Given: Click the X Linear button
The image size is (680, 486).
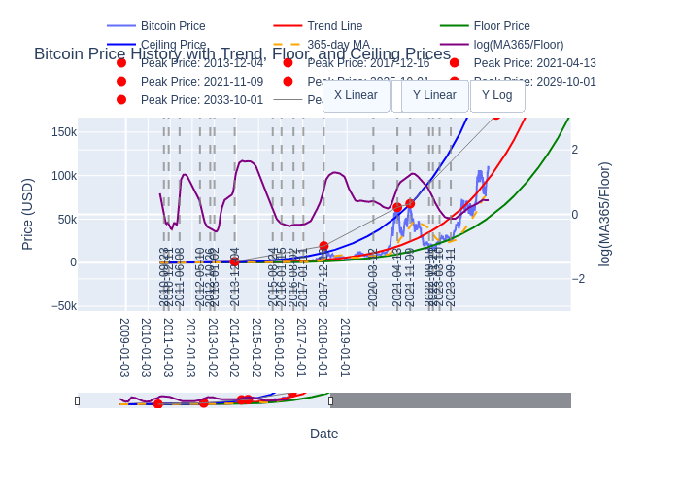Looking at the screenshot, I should click(356, 95).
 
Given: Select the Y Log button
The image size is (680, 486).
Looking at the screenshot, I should click(496, 95).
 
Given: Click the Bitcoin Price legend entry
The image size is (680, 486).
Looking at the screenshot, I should click(172, 26).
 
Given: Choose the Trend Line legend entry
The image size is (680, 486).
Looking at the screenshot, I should click(334, 26).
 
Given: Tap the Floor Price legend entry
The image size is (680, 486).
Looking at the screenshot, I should click(501, 26).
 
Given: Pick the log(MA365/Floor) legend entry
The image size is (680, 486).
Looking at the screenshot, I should click(518, 45).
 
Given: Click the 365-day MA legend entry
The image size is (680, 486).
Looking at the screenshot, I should click(338, 45).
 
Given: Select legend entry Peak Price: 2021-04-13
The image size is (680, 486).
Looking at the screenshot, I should click(534, 63).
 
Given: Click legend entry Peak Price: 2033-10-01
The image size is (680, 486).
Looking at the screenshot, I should click(201, 99).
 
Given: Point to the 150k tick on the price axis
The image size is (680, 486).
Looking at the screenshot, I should click(64, 132).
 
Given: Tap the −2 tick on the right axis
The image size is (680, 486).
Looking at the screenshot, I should click(577, 279).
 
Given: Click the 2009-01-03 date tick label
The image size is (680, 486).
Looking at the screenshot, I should click(124, 348).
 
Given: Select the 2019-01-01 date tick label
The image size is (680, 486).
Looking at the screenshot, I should click(345, 348).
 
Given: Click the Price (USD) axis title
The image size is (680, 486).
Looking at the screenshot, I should click(27, 214).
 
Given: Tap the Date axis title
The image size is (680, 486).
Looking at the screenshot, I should click(323, 434).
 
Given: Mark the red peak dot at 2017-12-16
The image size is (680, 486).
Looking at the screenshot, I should click(323, 246).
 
